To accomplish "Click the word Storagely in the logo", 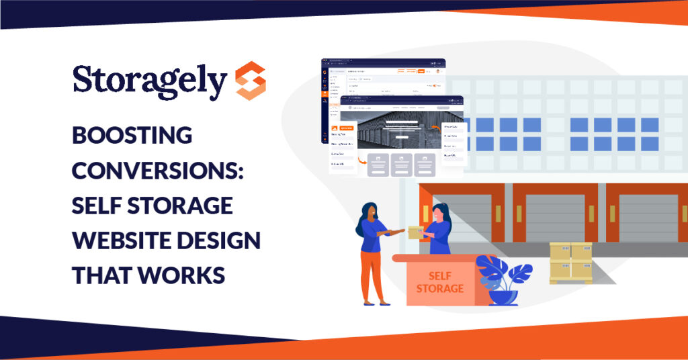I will [x=149, y=81].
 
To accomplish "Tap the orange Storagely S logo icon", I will [x=251, y=81].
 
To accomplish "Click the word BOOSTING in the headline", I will [x=132, y=136].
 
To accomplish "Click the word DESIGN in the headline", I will [x=227, y=240].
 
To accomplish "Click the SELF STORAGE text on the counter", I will [x=439, y=282].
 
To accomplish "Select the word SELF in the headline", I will [x=101, y=206].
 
